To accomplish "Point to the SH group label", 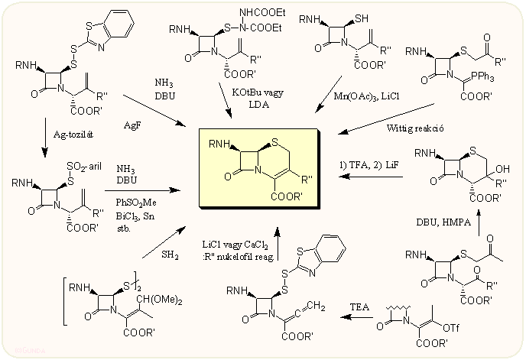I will [x=359, y=18].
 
